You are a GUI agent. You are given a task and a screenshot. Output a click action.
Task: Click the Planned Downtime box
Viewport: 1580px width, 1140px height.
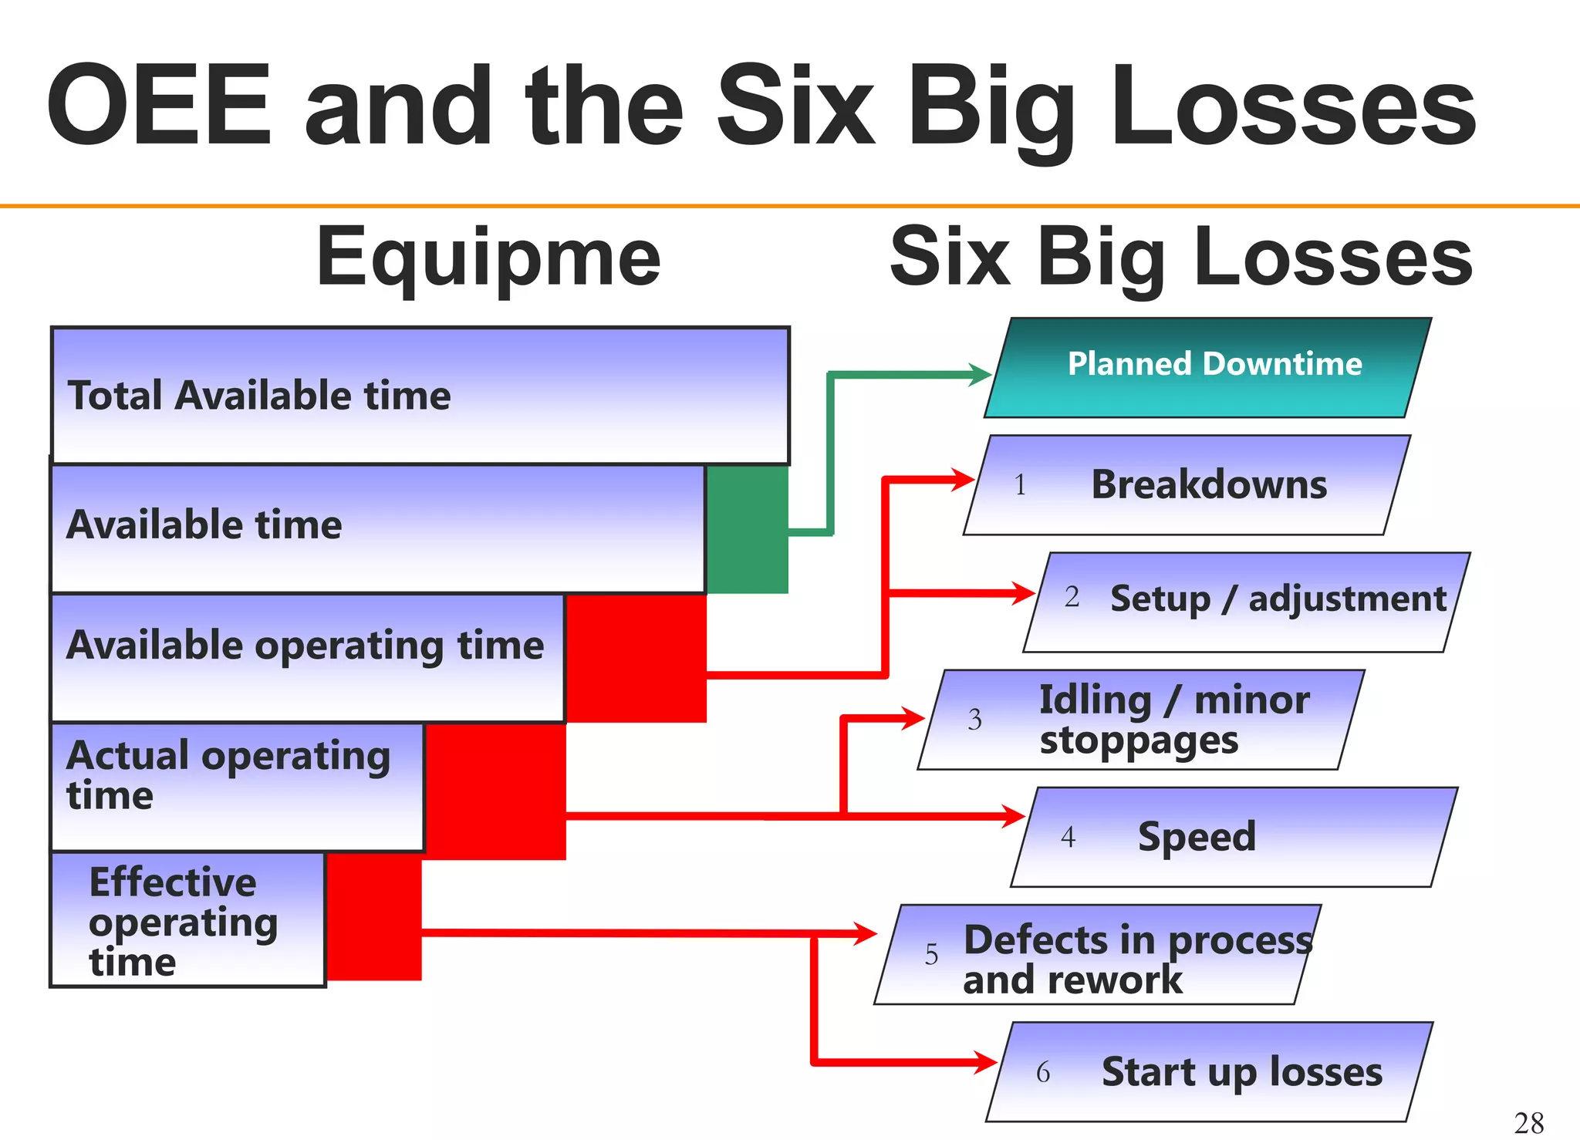[x=1208, y=368]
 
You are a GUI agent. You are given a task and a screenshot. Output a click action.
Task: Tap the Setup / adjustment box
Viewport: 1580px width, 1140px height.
[x=1247, y=602]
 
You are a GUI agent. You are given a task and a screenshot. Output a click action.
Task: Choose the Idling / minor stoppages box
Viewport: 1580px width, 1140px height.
[x=1141, y=720]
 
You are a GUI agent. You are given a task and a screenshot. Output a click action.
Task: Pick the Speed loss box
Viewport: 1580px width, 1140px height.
[x=1234, y=837]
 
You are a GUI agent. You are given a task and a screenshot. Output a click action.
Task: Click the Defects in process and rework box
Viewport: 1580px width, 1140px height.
[x=1097, y=955]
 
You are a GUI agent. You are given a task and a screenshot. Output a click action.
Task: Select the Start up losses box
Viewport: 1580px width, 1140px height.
[x=1210, y=1072]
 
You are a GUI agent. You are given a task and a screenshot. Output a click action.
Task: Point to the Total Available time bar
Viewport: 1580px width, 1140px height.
[x=420, y=395]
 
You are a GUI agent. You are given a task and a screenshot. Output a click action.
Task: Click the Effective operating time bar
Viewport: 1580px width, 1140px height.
[x=187, y=919]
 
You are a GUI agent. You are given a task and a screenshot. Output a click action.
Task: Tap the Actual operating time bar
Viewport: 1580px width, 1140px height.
[x=237, y=787]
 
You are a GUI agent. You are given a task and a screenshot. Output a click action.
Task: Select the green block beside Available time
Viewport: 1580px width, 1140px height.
[x=747, y=530]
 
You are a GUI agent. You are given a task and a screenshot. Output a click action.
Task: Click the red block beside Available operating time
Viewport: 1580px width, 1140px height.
[x=636, y=658]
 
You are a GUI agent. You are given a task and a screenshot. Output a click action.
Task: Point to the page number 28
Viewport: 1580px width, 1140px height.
[x=1528, y=1123]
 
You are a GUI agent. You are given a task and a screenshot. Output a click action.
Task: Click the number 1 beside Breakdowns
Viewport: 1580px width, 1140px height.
[x=1020, y=485]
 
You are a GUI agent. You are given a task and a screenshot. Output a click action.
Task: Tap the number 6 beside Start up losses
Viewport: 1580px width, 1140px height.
[x=1043, y=1072]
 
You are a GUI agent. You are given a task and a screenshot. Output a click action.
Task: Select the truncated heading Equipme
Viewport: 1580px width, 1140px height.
[x=488, y=258]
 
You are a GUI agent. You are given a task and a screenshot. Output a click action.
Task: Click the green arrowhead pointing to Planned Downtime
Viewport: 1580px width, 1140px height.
[x=980, y=375]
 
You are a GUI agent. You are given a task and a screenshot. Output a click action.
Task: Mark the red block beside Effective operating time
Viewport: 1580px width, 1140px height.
[x=373, y=916]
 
